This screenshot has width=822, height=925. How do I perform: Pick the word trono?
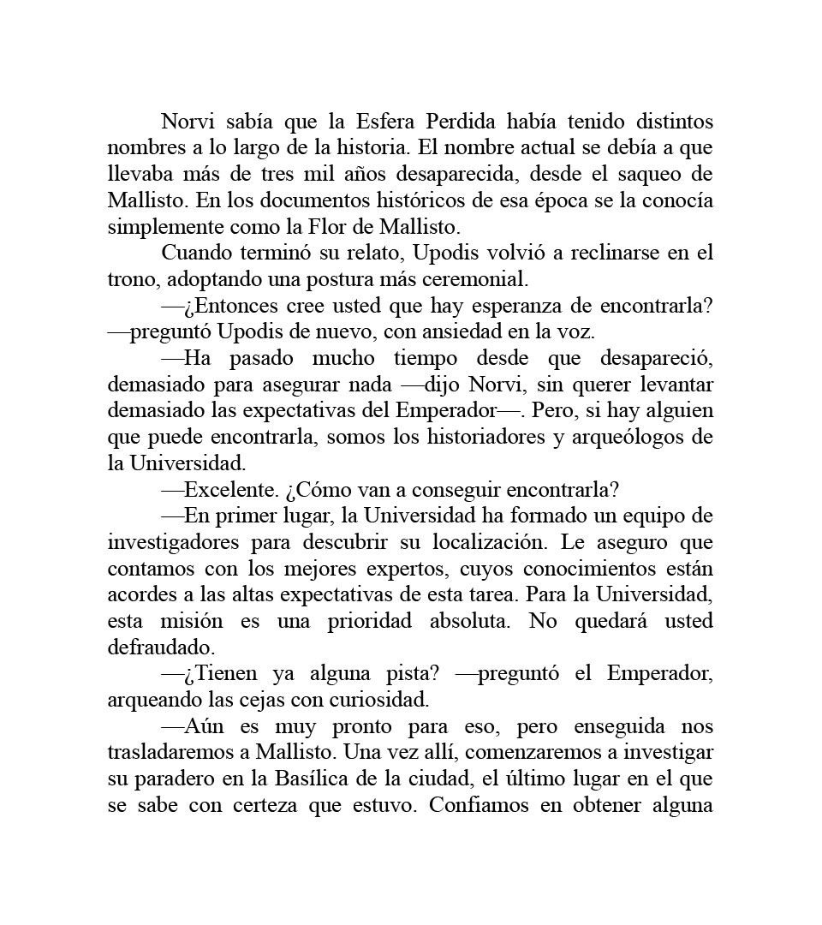point(132,280)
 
